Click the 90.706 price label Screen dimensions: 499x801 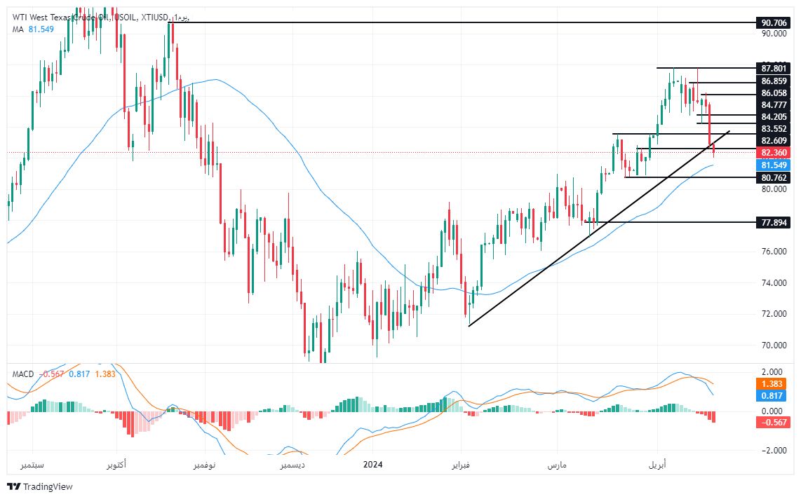click(x=774, y=22)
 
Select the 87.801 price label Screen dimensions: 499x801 click(x=774, y=68)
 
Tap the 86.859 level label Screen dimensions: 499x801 click(x=774, y=81)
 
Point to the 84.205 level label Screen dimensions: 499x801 click(x=774, y=116)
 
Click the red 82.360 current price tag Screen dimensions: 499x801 click(x=774, y=152)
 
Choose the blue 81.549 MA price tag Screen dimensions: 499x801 click(x=774, y=165)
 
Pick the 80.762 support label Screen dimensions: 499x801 click(x=774, y=178)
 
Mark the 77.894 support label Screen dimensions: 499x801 click(x=774, y=222)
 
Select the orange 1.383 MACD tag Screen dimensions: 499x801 click(x=774, y=385)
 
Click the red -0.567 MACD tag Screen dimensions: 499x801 click(x=774, y=422)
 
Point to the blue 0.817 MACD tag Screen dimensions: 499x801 click(x=774, y=396)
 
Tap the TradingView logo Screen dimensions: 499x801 click(x=40, y=487)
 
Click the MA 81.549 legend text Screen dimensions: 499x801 click(x=34, y=29)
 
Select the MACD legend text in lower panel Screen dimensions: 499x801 click(x=23, y=374)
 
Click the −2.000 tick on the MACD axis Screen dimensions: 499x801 click(x=773, y=451)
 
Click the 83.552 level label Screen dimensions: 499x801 click(x=774, y=129)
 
